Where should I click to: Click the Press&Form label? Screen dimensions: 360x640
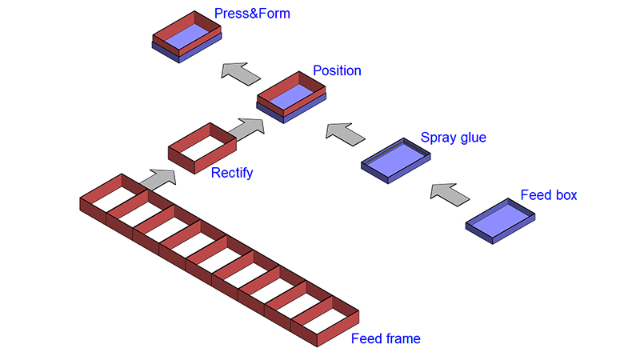[x=252, y=14]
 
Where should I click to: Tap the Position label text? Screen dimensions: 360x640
[x=337, y=70]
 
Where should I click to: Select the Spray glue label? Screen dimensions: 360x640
[x=454, y=138]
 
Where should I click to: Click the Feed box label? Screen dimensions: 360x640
[x=549, y=195]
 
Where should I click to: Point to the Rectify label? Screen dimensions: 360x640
[x=232, y=172]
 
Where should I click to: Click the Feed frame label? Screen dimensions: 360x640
[x=386, y=338]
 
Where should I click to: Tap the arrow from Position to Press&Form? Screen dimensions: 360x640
[x=241, y=74]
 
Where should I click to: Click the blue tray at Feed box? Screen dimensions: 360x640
[x=501, y=219]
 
